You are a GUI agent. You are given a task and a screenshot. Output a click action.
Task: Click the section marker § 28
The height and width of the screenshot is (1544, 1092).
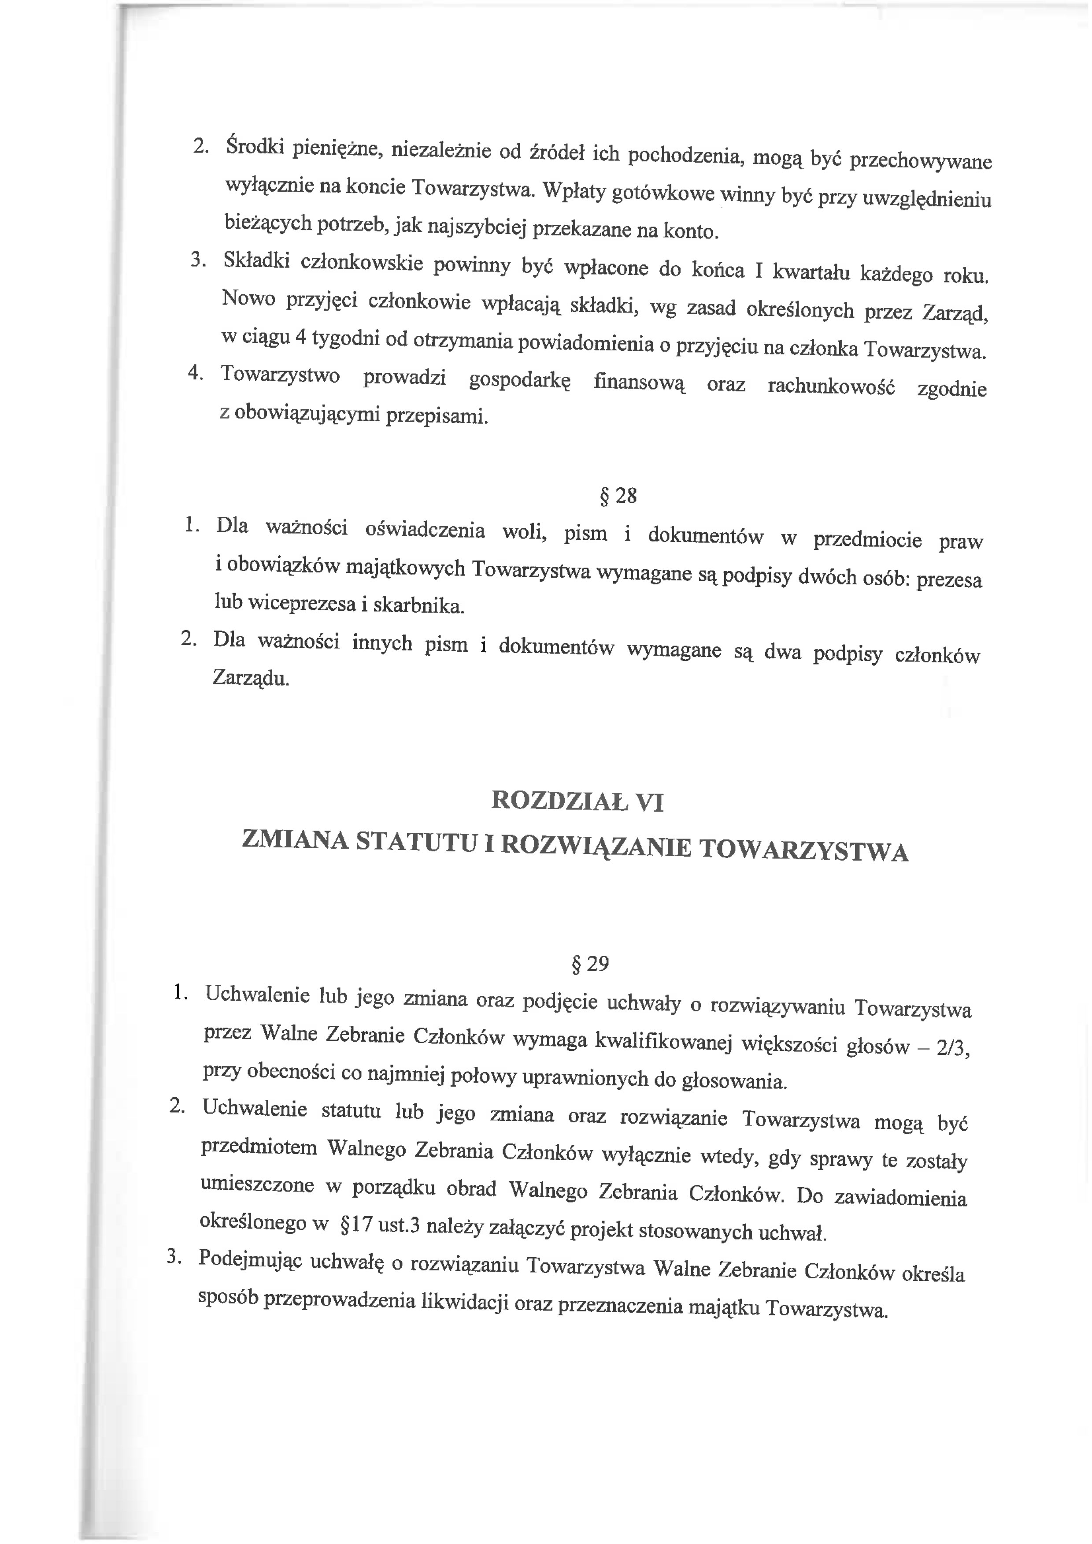pyautogui.click(x=617, y=496)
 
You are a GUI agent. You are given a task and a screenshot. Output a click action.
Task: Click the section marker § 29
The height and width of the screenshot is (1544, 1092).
pyautogui.click(x=589, y=964)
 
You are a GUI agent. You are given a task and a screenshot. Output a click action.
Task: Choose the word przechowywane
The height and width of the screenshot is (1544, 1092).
pyautogui.click(x=921, y=161)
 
